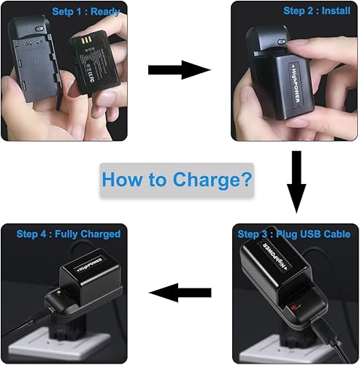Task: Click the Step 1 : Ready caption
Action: tap(85, 11)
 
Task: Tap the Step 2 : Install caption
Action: tap(317, 11)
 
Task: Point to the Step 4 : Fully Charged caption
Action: tap(69, 234)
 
